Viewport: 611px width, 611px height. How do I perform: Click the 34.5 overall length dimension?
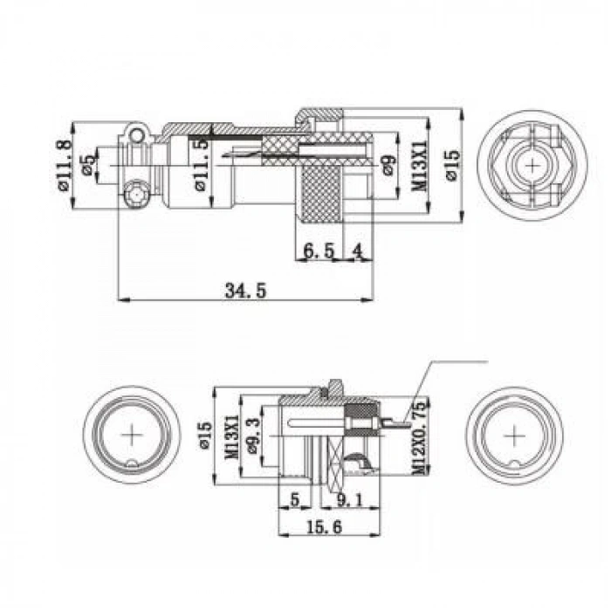pyautogui.click(x=244, y=291)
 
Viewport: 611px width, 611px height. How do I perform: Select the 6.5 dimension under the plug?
pyautogui.click(x=319, y=251)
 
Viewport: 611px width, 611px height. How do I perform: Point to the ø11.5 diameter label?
pyautogui.click(x=202, y=166)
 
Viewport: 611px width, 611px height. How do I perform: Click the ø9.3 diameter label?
pyautogui.click(x=254, y=434)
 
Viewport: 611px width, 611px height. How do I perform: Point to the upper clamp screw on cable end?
pyautogui.click(x=134, y=134)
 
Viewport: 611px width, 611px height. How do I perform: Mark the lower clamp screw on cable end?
pyautogui.click(x=136, y=194)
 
